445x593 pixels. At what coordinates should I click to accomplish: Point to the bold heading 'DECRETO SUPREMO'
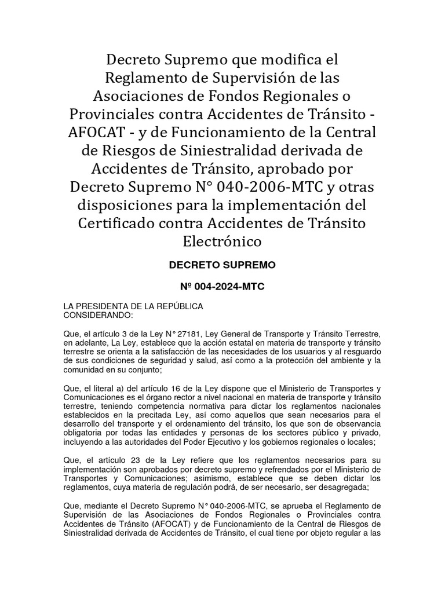pos(222,265)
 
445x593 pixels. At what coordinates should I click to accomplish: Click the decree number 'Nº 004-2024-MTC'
pos(222,286)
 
